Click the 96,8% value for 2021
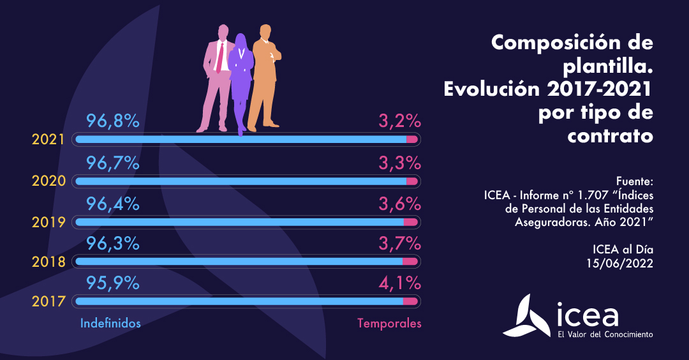pos(112,121)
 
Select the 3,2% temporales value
pos(399,121)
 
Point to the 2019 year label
pos(49,222)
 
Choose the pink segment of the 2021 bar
pos(411,139)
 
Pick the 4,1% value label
pos(399,282)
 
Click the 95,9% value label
pos(112,282)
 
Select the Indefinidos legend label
pos(110,324)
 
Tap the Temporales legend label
pos(389,324)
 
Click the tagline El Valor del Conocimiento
pos(605,334)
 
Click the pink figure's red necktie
pos(219,57)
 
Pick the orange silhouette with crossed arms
pos(263,77)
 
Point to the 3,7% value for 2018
pos(399,243)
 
